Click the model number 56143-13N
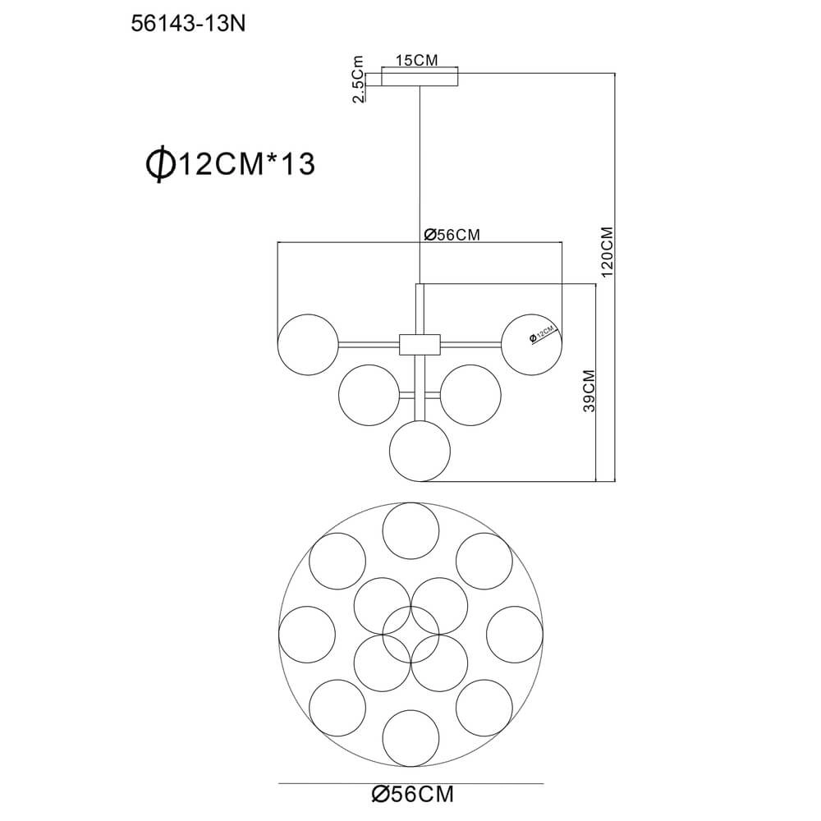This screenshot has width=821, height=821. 188,24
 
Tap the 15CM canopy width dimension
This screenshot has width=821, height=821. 417,61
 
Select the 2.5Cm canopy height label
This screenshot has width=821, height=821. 358,79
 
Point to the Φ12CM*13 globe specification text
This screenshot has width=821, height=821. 231,163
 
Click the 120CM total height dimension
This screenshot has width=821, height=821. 607,252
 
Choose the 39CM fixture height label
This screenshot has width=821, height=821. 589,391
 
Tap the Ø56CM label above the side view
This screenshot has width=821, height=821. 452,235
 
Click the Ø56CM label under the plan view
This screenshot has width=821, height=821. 413,794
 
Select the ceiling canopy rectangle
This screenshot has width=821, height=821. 420,76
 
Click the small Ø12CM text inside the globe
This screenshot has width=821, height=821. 541,334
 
